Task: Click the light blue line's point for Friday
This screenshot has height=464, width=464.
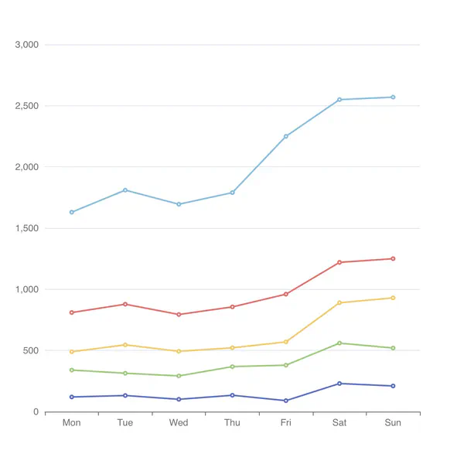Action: (x=286, y=136)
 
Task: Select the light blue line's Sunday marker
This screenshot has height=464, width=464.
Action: (x=393, y=97)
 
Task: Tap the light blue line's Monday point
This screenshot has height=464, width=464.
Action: (x=72, y=212)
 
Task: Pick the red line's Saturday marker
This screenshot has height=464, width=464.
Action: (x=339, y=262)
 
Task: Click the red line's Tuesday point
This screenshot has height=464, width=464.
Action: (x=125, y=304)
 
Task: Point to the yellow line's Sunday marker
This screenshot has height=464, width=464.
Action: (x=393, y=298)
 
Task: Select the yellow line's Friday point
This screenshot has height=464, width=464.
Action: (x=286, y=342)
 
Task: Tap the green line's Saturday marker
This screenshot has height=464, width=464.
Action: (x=339, y=343)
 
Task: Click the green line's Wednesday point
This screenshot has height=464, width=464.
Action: (x=179, y=376)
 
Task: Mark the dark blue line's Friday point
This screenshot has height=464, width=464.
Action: (x=286, y=401)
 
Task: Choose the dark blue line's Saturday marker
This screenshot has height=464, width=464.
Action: (x=339, y=384)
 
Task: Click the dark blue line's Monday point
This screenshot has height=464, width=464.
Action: (x=72, y=397)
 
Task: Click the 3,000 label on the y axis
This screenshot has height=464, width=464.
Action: (x=26, y=45)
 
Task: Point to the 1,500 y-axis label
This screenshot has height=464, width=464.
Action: (x=26, y=228)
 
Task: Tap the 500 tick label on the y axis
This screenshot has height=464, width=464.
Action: (x=30, y=350)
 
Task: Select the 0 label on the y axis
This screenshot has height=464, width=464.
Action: (x=36, y=411)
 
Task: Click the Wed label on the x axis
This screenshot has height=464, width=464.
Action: (x=179, y=423)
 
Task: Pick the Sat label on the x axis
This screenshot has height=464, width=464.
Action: (x=339, y=423)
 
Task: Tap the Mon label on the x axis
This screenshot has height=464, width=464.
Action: (x=71, y=423)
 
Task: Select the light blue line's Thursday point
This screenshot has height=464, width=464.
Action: (x=232, y=193)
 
